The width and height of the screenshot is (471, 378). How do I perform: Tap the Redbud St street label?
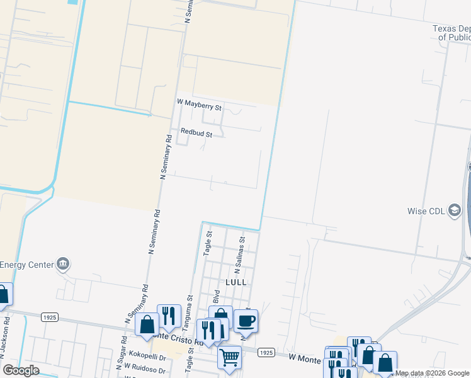(196, 133)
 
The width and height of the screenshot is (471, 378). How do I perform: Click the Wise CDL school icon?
(454, 211)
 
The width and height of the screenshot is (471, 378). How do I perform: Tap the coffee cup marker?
(246, 321)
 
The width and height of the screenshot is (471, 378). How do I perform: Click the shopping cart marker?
(229, 357)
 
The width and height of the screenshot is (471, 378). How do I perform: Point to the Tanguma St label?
(186, 313)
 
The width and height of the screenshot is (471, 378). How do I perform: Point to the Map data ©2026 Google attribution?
(432, 374)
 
